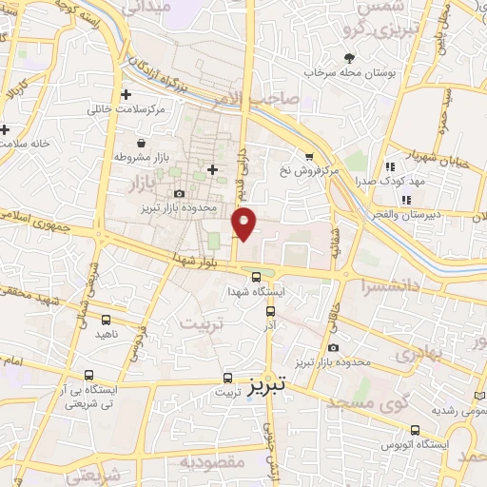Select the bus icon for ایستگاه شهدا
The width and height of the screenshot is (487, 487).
point(255,277)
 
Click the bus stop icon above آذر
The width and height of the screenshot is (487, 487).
point(271,310)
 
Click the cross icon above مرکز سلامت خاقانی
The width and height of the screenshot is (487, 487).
point(126,94)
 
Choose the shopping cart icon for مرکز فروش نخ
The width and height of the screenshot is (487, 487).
point(307,157)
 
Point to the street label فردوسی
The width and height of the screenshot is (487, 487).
point(136,343)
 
